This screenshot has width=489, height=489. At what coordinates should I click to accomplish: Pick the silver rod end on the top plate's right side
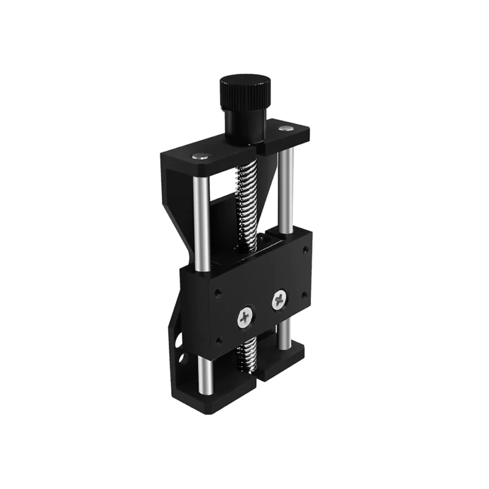pyautogui.click(x=285, y=128)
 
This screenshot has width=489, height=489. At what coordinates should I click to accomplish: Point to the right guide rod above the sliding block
pyautogui.click(x=285, y=189)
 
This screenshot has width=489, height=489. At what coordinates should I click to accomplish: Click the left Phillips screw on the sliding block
pyautogui.click(x=245, y=317)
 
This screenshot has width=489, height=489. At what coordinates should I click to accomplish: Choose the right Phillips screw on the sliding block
pyautogui.click(x=280, y=300)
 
